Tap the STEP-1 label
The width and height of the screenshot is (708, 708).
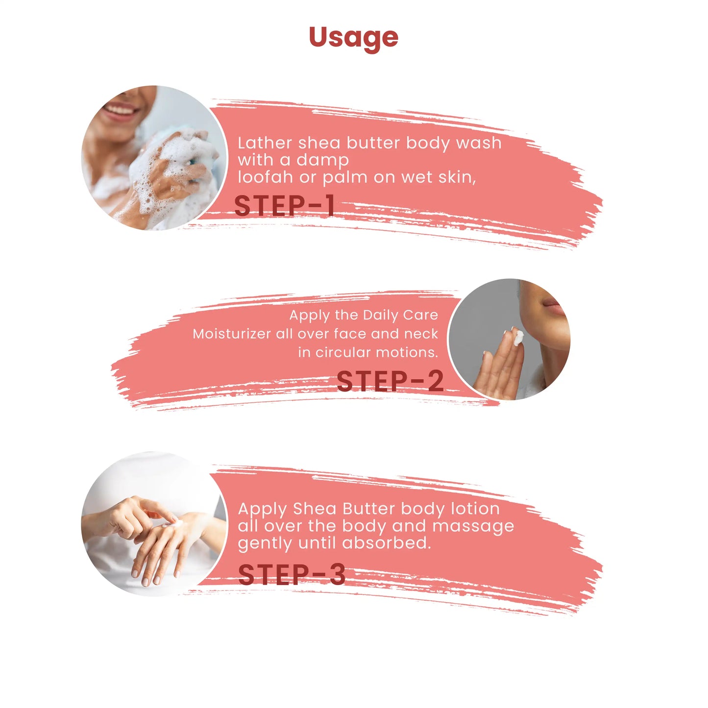[x=284, y=206]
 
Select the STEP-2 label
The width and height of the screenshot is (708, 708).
[x=390, y=381]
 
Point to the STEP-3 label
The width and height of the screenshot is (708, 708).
[x=292, y=574]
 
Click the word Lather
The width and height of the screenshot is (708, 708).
[x=265, y=143]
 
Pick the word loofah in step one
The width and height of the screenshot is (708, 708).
[x=265, y=177]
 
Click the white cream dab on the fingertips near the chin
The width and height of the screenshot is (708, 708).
[x=518, y=337]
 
